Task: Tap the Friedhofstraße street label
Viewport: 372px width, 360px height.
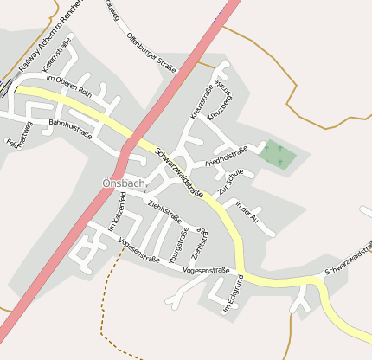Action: tap(226, 157)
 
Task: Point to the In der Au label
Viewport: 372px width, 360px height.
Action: tap(247, 213)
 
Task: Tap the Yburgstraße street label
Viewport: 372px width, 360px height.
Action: tap(178, 245)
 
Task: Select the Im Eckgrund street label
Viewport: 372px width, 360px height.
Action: tap(229, 294)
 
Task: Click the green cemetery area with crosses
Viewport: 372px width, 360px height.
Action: tap(277, 155)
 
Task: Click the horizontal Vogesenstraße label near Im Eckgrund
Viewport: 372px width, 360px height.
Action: tap(207, 270)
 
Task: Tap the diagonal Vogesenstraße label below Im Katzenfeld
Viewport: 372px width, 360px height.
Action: tap(138, 248)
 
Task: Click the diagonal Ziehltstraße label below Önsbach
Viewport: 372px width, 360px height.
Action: tap(164, 211)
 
